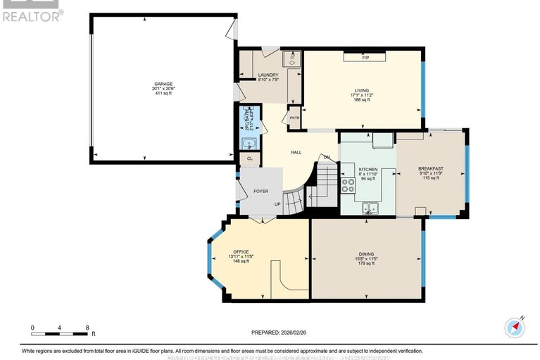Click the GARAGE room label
tap(163, 84)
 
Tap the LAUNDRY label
tap(268, 75)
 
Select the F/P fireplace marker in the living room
tap(365, 57)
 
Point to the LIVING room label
tap(362, 91)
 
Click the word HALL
tap(297, 152)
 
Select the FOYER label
tap(261, 190)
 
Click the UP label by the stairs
tap(277, 204)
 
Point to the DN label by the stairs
tap(327, 157)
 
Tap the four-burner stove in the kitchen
tap(348, 185)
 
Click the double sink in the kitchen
tap(369, 208)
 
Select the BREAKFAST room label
tap(429, 169)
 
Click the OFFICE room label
tap(241, 252)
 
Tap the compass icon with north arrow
tap(515, 328)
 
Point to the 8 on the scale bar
tap(87, 328)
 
